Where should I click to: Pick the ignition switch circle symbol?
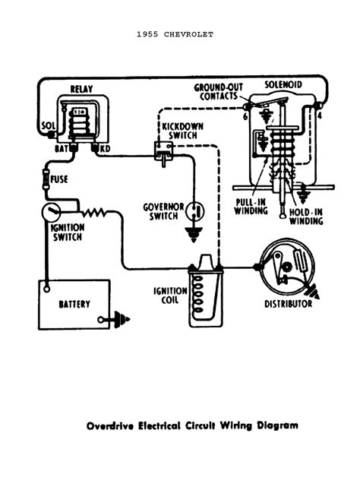tap(50, 209)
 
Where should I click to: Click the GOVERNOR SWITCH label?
tap(164, 210)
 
